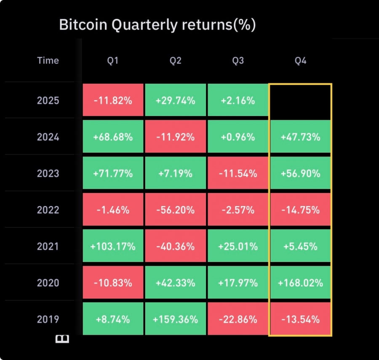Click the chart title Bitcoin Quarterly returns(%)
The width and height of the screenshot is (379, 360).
(157, 25)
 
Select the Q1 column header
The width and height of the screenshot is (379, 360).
(112, 61)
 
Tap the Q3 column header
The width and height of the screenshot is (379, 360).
(238, 61)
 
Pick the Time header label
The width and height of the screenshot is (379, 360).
(48, 60)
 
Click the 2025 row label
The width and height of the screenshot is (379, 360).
(48, 101)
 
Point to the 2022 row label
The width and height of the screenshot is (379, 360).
(48, 210)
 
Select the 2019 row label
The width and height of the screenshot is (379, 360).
(48, 319)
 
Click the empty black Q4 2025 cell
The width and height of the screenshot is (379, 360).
(300, 100)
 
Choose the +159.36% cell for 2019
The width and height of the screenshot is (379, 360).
(175, 319)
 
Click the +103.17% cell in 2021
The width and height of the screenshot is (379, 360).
(113, 246)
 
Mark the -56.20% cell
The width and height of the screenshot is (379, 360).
(175, 210)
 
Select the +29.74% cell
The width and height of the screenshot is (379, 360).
(175, 101)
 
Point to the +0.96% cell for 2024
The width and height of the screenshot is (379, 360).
(238, 137)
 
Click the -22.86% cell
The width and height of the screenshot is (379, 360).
(238, 319)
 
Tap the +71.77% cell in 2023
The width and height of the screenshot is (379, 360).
(113, 173)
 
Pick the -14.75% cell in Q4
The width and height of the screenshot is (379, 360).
(300, 210)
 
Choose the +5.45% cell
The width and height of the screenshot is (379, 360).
(300, 246)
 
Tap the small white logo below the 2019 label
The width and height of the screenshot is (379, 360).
(62, 339)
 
